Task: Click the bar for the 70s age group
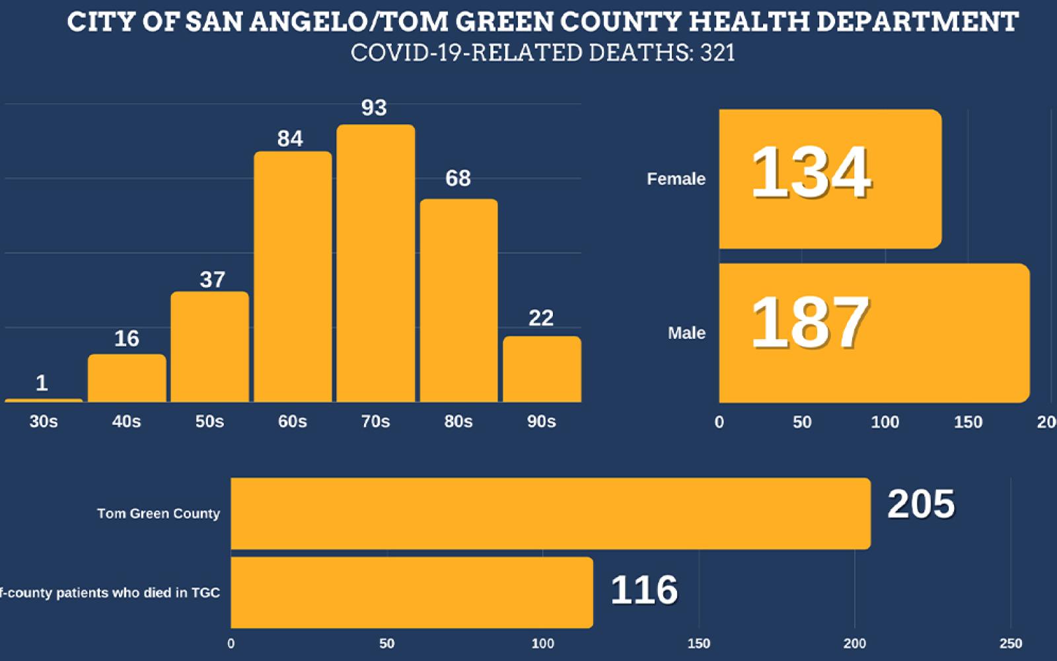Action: coord(375,264)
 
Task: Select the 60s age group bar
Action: coord(293,278)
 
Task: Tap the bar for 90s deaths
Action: coord(542,369)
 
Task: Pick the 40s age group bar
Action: coord(127,378)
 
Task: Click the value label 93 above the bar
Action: coord(374,108)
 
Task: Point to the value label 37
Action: coord(212,280)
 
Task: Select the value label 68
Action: coord(458,178)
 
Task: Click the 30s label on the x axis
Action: coord(44,422)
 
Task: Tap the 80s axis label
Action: coord(458,422)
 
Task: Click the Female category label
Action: coord(676,179)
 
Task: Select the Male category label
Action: coord(686,333)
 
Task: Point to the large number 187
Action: coord(810,323)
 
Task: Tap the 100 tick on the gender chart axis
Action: coord(885,422)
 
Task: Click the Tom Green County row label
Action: coord(159,514)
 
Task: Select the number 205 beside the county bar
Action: coord(920,504)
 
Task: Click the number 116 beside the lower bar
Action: coord(643,590)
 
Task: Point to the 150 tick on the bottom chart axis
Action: coord(699,644)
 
